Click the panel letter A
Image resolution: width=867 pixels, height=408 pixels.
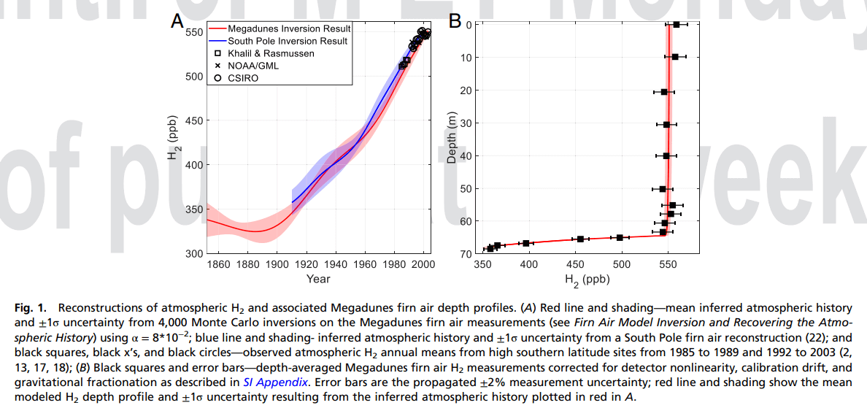click(177, 22)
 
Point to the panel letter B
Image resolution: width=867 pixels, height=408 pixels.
click(455, 22)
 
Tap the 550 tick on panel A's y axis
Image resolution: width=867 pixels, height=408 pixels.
click(194, 33)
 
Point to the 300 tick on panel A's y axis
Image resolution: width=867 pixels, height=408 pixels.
click(194, 253)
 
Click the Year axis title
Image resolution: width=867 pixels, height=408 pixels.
click(318, 279)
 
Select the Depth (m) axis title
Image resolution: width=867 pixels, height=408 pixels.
click(452, 139)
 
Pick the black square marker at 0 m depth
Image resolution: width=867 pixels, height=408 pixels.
click(677, 25)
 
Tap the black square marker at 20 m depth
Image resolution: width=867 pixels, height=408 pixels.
click(664, 92)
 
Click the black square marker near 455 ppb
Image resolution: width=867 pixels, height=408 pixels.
click(580, 239)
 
